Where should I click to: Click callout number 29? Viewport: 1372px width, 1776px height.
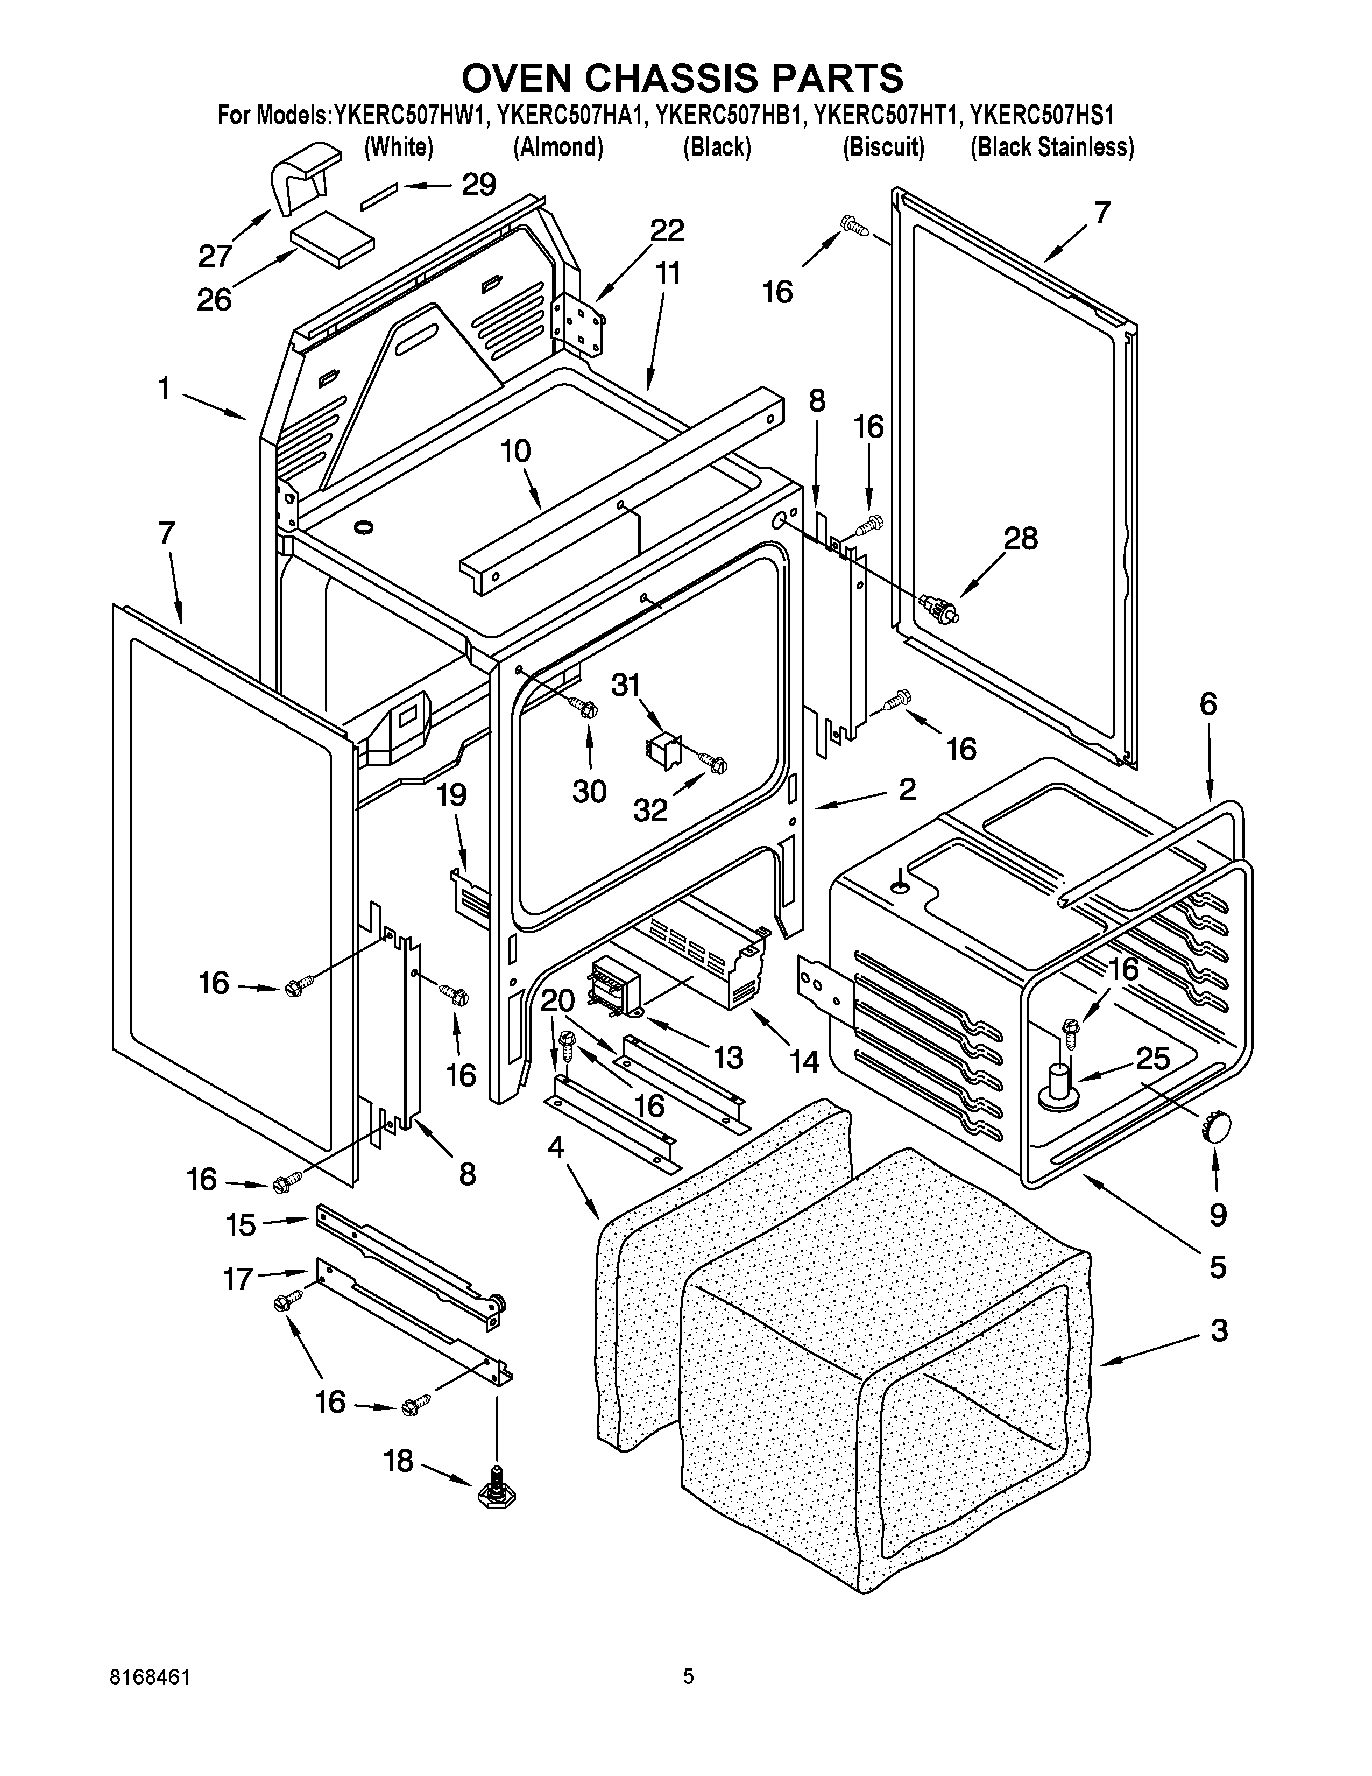pyautogui.click(x=479, y=186)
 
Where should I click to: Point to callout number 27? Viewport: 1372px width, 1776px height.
pyautogui.click(x=215, y=256)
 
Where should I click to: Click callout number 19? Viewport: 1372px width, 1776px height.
pyautogui.click(x=452, y=794)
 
